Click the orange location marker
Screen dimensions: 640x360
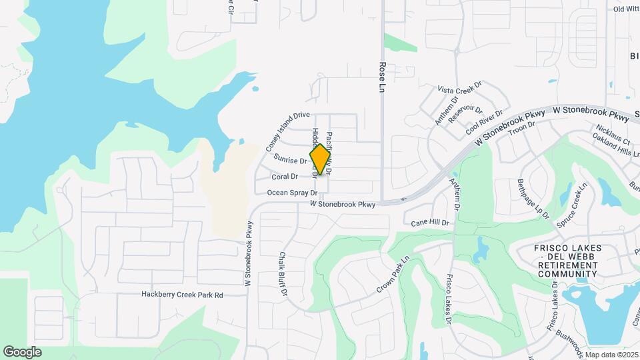[321, 159]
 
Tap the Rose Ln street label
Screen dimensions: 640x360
[383, 79]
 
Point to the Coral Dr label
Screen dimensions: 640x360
[285, 177]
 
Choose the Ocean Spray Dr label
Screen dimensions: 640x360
[287, 193]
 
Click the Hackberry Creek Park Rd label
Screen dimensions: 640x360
[182, 295]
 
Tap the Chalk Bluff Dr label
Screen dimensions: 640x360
[283, 274]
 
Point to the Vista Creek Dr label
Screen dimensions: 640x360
[459, 89]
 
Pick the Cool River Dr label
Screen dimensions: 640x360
[483, 121]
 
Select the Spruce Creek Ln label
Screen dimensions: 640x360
[573, 203]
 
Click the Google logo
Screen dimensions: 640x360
[22, 351]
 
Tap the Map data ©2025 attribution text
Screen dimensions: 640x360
[611, 355]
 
